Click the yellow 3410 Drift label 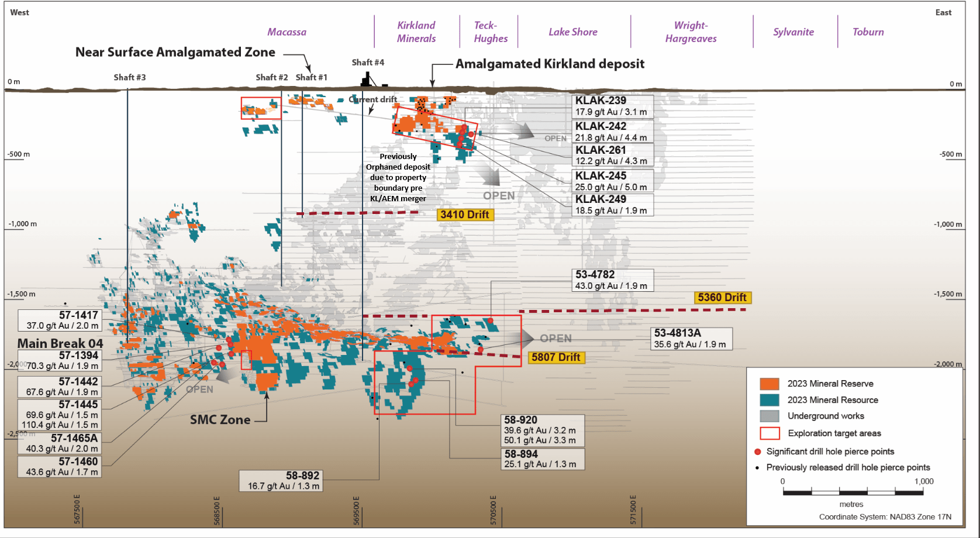click(465, 215)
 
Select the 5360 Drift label click(722, 298)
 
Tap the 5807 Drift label click(555, 357)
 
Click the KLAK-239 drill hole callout click(612, 106)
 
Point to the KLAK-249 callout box click(612, 205)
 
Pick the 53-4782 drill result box click(612, 280)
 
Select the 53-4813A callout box click(691, 339)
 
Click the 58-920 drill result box click(543, 430)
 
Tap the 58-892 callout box click(281, 481)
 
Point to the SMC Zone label click(220, 420)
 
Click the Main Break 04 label click(60, 343)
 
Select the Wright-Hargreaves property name click(691, 32)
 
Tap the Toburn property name click(868, 32)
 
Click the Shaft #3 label click(130, 77)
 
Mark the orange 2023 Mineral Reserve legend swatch click(769, 384)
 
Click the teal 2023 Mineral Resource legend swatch click(769, 400)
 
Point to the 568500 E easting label click(217, 511)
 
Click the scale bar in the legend click(853, 492)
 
